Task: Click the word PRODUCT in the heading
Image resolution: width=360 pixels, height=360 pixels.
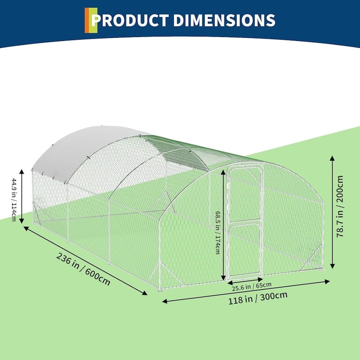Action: click(x=130, y=20)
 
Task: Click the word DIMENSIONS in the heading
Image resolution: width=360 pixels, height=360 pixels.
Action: click(x=224, y=20)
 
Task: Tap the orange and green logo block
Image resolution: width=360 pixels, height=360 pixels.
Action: click(x=91, y=20)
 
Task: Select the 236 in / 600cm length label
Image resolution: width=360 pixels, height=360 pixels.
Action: click(x=83, y=269)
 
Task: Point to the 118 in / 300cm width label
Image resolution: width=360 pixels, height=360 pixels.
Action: click(x=257, y=298)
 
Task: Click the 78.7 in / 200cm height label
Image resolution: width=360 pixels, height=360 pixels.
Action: click(x=340, y=206)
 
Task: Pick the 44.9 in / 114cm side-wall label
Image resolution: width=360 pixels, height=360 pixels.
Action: click(x=14, y=200)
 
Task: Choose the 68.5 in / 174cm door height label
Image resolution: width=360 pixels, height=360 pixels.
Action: click(x=218, y=232)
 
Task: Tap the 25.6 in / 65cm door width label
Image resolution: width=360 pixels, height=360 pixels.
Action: click(x=252, y=287)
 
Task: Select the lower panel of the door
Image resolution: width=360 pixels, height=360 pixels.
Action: click(x=245, y=250)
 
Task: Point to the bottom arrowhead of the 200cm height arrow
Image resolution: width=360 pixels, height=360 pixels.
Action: click(x=332, y=266)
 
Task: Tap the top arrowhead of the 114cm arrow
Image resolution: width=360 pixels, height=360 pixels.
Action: click(x=22, y=172)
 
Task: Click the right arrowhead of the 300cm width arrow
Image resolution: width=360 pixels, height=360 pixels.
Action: click(x=327, y=282)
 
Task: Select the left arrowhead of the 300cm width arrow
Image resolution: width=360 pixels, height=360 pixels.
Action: click(x=165, y=301)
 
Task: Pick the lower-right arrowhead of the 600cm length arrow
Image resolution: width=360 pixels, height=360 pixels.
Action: click(x=144, y=293)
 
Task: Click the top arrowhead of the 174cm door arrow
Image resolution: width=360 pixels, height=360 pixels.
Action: click(x=223, y=172)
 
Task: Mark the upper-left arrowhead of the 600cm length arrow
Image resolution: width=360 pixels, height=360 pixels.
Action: click(x=26, y=228)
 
